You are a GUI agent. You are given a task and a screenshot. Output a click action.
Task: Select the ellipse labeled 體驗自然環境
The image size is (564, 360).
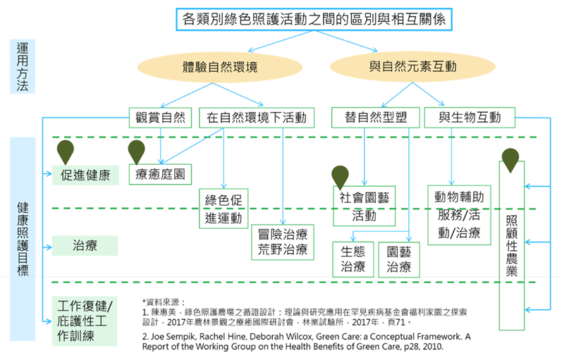pos(219,68)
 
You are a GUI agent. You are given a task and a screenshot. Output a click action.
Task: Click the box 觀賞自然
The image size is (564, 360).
pos(160,117)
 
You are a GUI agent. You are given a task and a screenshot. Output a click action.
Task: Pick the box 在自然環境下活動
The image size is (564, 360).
pos(255,117)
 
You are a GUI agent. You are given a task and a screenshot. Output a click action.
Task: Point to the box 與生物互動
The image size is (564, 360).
pos(469,117)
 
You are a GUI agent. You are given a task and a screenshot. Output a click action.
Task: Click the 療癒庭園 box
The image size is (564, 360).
pos(161,173)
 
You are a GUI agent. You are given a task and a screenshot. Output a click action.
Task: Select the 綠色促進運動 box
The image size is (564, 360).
pos(223,208)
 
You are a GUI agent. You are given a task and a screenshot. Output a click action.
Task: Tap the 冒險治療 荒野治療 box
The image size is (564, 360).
pos(282,242)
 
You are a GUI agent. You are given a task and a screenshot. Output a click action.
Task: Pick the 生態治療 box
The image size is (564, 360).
pos(352,259)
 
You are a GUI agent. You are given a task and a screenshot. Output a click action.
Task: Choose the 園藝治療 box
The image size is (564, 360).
pos(398,259)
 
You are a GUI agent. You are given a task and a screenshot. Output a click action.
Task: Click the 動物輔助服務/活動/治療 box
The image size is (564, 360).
pos(459,214)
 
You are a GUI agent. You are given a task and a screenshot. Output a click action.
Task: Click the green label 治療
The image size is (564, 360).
pos(85,246)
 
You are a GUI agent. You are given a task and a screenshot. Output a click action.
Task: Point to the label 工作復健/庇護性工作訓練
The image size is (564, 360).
pos(85,321)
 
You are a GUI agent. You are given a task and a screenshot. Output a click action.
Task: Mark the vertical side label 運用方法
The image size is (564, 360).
pos(23,66)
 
